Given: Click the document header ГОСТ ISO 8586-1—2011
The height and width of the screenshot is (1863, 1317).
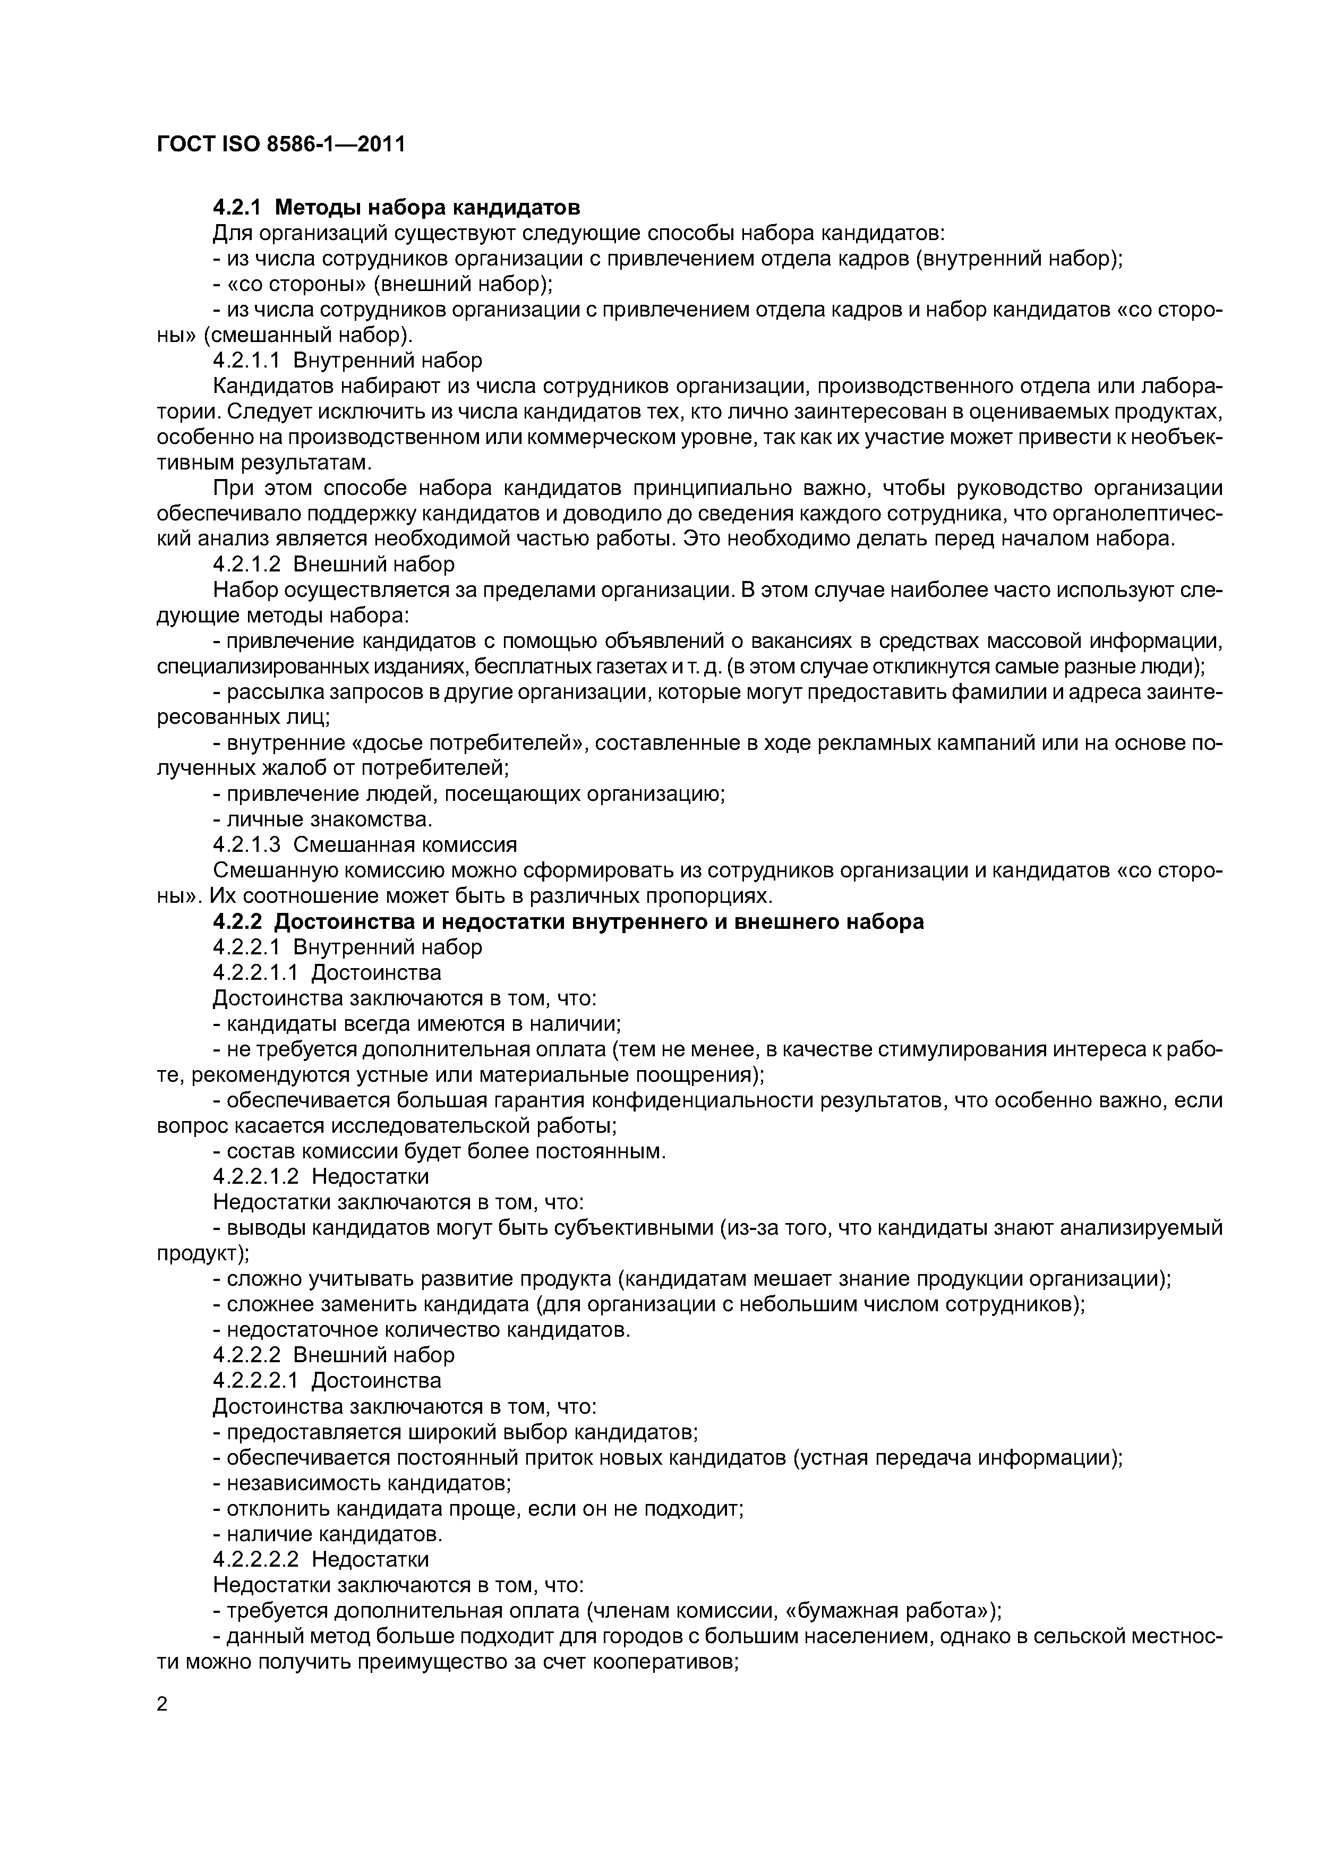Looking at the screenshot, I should [280, 144].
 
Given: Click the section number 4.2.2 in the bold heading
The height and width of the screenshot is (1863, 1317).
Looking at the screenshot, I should [238, 922].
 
